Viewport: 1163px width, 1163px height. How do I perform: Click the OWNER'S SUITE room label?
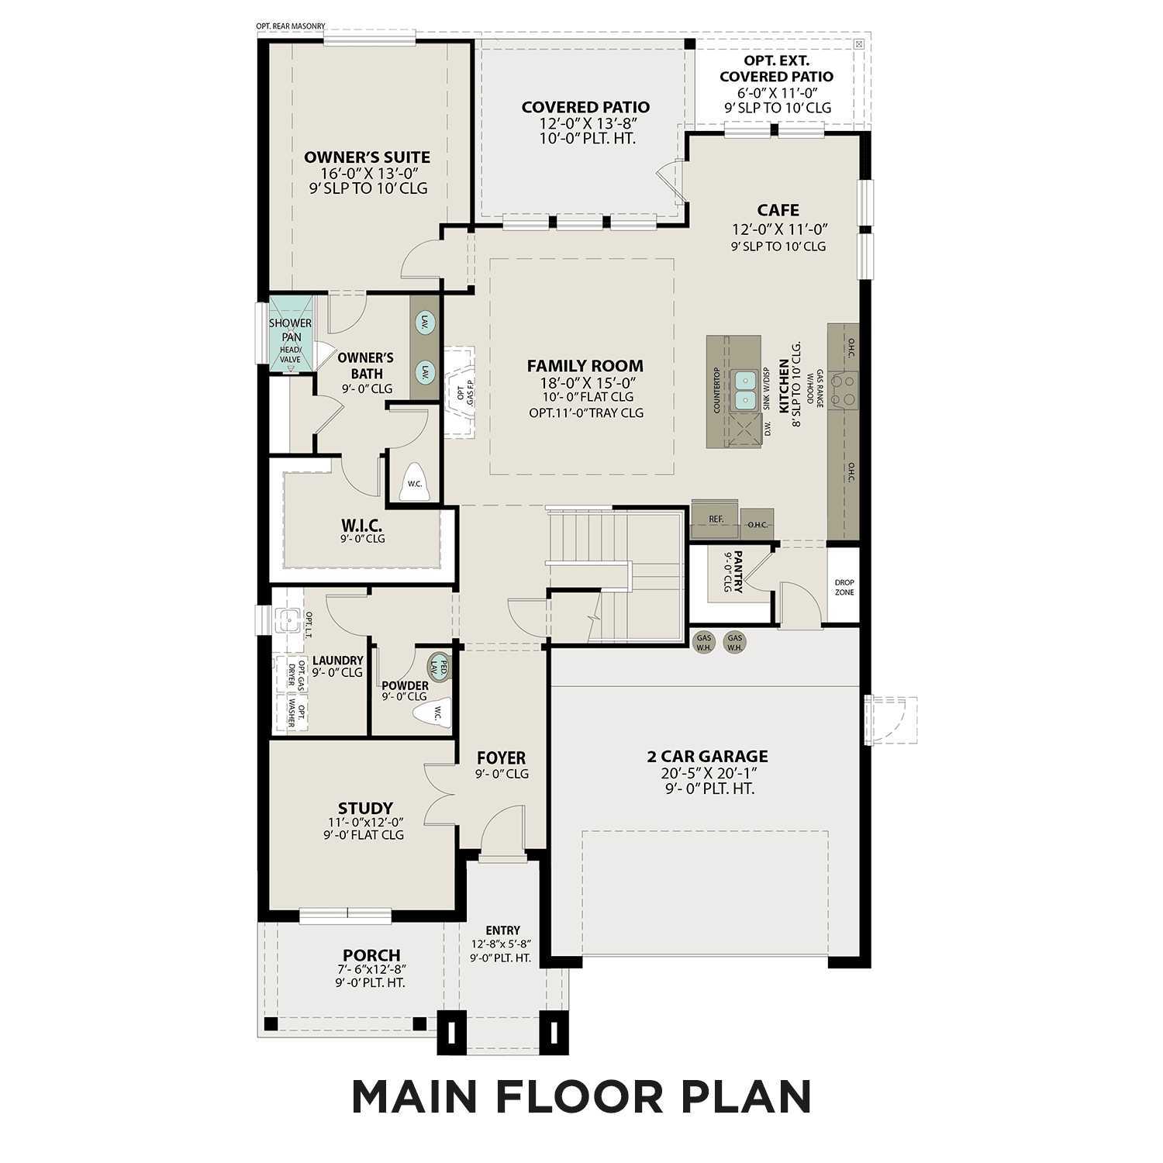[367, 157]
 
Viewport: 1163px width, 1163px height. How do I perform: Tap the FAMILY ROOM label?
[585, 366]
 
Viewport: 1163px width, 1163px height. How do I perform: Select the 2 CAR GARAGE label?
[707, 756]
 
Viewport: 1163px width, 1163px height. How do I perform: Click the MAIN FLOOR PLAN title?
[581, 1096]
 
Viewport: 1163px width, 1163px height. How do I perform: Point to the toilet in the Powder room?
[431, 713]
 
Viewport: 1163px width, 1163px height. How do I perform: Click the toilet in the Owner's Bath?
[415, 481]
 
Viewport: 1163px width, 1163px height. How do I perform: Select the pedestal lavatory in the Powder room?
[440, 665]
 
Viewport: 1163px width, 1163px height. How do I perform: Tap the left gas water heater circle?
[704, 642]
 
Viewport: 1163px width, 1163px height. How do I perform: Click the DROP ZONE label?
[844, 587]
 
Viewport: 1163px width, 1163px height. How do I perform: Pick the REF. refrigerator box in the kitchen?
[716, 519]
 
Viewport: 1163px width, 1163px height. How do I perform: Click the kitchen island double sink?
[746, 390]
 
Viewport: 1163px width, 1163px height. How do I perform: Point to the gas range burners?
[844, 390]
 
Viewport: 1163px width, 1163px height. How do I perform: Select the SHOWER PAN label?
[291, 330]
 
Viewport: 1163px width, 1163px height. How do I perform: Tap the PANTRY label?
[737, 572]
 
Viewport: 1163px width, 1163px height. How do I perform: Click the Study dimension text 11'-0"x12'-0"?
[365, 822]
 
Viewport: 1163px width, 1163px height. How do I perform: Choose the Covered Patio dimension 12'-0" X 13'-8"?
[585, 123]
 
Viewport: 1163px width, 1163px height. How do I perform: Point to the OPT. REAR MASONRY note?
[291, 26]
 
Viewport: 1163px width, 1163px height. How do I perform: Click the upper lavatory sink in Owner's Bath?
[424, 323]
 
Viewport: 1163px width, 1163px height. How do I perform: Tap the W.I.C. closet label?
[362, 526]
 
